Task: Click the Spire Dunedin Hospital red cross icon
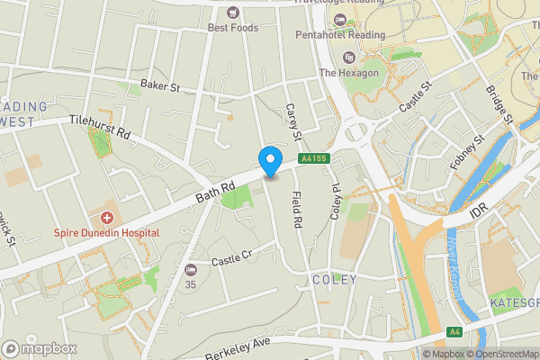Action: coord(106,217)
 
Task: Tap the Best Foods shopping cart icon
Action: coord(233,12)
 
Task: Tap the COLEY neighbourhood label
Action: coord(335,280)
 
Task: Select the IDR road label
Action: coord(478,218)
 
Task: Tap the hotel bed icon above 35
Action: coord(190,269)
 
